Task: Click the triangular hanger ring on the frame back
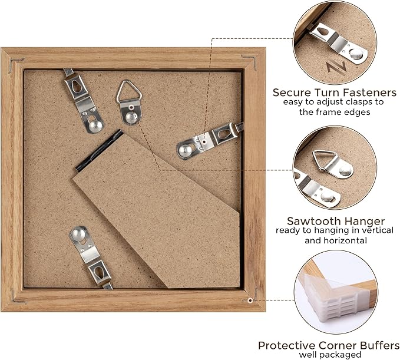(x=127, y=91)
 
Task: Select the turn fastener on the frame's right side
(x=210, y=138)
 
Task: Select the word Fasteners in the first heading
(x=362, y=93)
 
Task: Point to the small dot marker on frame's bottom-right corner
(x=250, y=300)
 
